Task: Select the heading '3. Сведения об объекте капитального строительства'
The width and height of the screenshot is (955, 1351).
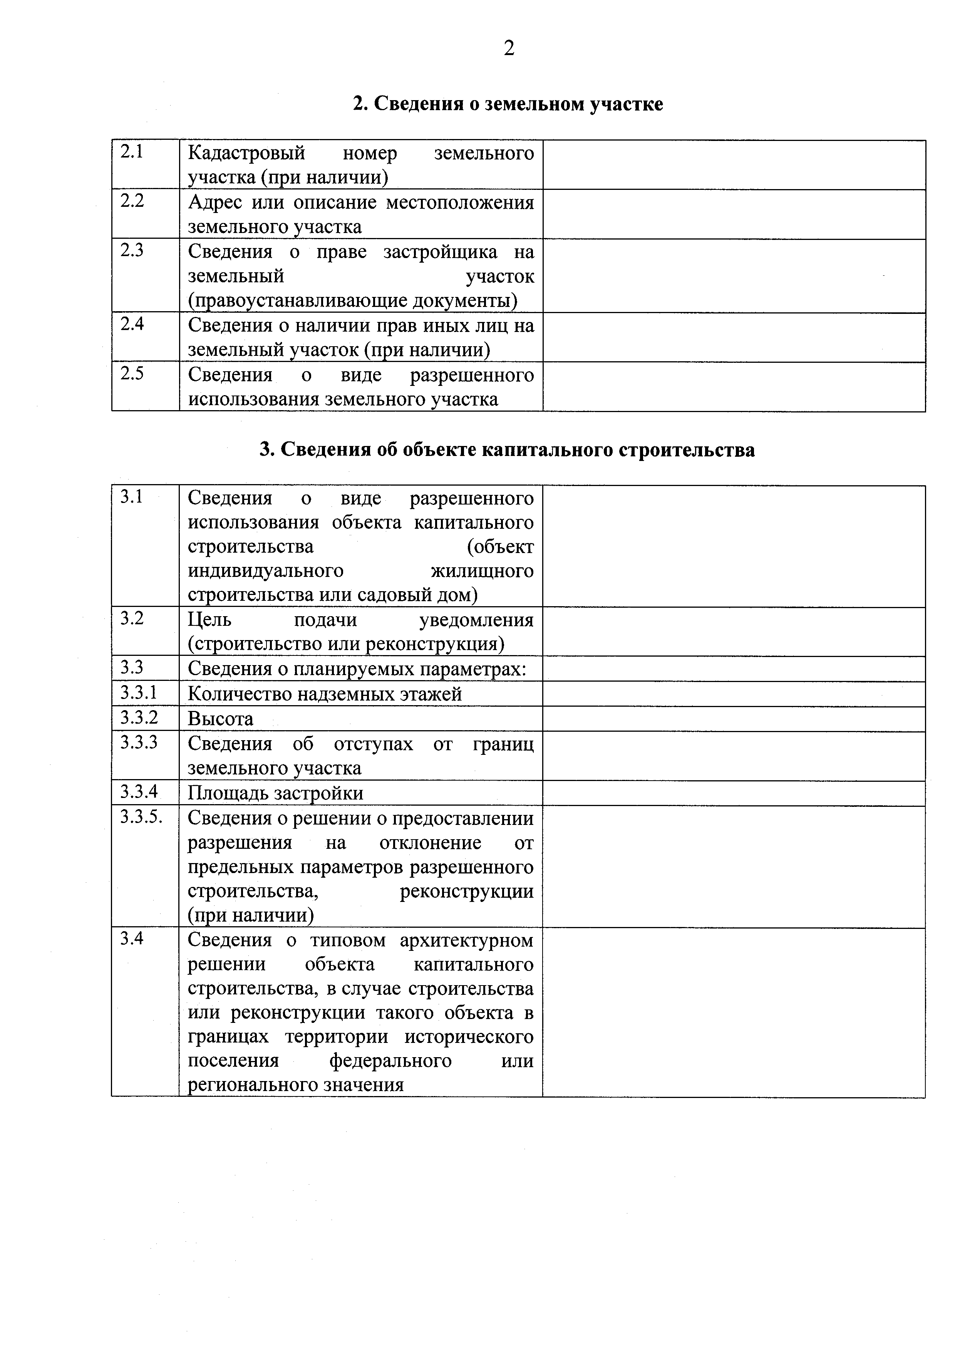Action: [507, 449]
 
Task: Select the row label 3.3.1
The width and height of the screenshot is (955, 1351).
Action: [139, 692]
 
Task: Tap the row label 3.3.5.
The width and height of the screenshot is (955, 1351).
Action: [141, 817]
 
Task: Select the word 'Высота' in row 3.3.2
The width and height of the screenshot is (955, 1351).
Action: [221, 719]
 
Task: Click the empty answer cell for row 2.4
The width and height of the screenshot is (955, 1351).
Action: [733, 337]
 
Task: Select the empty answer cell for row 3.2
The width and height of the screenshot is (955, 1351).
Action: [733, 631]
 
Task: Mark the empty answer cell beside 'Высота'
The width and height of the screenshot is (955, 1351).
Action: [733, 719]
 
